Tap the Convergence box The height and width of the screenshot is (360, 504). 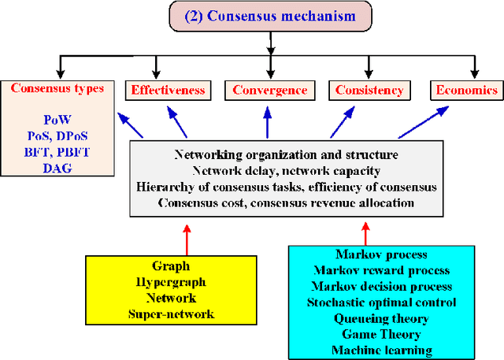tap(270, 90)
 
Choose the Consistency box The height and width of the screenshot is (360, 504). tap(369, 90)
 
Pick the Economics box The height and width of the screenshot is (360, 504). tap(467, 90)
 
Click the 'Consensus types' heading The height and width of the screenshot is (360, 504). tap(57, 88)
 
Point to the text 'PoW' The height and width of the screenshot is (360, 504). tap(57, 120)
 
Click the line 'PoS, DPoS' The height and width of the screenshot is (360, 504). tap(57, 135)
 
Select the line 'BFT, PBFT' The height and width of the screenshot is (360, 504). tap(57, 150)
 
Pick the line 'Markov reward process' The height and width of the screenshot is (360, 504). tap(382, 271)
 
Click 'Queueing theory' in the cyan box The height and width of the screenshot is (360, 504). tap(382, 318)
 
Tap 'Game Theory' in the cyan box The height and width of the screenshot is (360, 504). tap(382, 334)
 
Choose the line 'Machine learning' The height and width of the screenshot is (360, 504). tap(382, 350)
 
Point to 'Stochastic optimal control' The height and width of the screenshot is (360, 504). tap(382, 302)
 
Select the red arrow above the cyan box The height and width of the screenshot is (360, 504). tap(365, 232)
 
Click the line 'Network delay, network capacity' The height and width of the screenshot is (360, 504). tap(286, 170)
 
